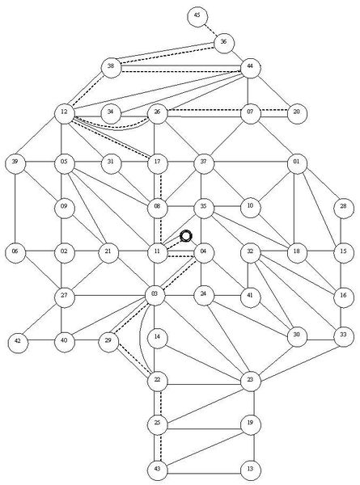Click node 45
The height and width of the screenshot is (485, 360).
coord(197,16)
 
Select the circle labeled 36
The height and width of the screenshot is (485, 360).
coord(224,43)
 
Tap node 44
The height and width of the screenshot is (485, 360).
coord(250,68)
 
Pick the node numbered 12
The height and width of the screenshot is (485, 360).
coord(65,113)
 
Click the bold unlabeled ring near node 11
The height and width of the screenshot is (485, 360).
coord(186,236)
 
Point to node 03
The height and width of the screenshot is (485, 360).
coord(155,295)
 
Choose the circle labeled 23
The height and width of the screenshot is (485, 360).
coord(251,381)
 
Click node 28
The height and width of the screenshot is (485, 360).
coord(344,208)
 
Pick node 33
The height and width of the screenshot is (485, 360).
coord(344,336)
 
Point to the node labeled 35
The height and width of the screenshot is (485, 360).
coord(204,208)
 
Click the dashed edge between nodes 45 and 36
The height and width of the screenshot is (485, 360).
coord(210,30)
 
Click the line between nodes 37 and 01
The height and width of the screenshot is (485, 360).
coord(251,162)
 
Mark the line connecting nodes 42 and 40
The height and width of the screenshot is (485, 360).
coord(41,341)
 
